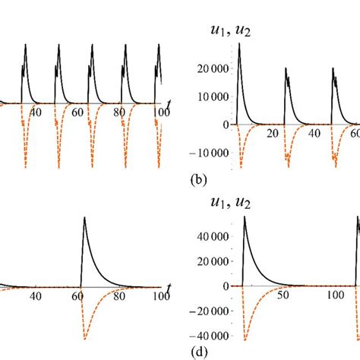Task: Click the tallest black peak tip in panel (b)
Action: pos(239,44)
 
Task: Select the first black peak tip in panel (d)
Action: pos(245,218)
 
